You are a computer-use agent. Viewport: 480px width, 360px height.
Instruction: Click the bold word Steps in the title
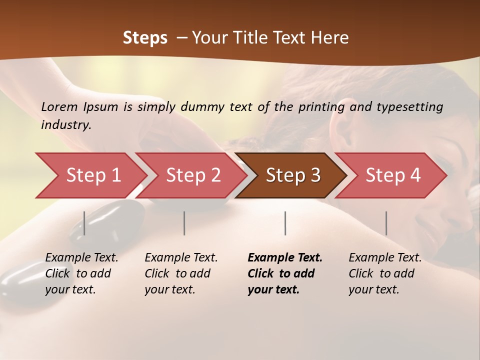[145, 38]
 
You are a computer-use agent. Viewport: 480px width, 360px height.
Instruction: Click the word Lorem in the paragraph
[59, 106]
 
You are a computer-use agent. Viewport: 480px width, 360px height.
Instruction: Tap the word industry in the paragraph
[66, 125]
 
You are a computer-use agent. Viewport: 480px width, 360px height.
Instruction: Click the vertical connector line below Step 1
[84, 223]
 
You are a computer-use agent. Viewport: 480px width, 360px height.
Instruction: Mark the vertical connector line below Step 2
[184, 223]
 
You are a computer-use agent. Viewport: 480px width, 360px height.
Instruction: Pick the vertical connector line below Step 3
[285, 223]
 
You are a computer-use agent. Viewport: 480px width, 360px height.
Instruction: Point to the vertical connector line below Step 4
[386, 223]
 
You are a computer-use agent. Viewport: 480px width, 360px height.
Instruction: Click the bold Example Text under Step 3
[285, 258]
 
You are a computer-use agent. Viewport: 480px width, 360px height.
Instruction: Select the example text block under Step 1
[81, 273]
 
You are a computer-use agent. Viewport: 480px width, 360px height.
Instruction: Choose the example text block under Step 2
[181, 273]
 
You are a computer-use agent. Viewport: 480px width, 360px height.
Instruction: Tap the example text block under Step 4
[385, 273]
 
